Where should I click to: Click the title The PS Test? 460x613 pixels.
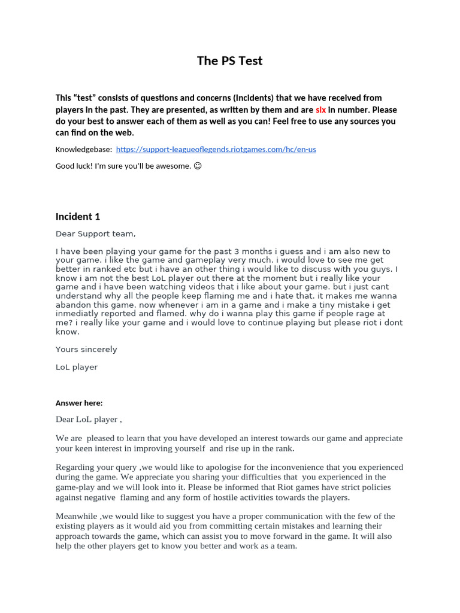[230, 61]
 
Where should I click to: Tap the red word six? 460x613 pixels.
[320, 110]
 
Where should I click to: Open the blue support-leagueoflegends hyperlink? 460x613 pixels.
[216, 149]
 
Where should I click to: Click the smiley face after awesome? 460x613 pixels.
[198, 166]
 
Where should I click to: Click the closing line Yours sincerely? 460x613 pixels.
[86, 350]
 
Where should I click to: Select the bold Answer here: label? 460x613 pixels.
[79, 403]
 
